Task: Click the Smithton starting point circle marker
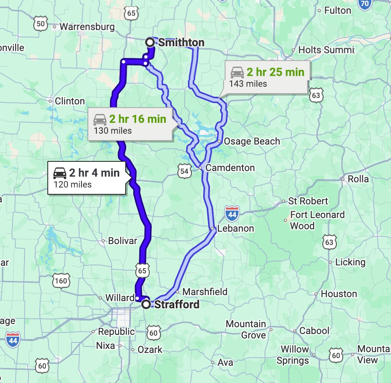(x=150, y=42)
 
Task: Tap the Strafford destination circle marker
(x=147, y=304)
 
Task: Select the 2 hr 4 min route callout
(x=86, y=177)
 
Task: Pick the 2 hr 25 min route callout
(x=267, y=77)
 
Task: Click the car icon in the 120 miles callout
(x=60, y=173)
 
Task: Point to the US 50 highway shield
(x=41, y=24)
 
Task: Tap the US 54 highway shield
(x=184, y=171)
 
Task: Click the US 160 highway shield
(x=61, y=281)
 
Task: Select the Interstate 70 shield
(x=365, y=4)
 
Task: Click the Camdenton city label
(x=230, y=168)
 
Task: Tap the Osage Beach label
(x=252, y=141)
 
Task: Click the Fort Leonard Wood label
(x=317, y=220)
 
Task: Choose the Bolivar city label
(x=122, y=241)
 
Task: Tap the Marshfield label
(x=205, y=292)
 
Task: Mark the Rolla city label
(x=358, y=179)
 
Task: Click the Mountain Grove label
(x=246, y=329)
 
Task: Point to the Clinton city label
(x=69, y=101)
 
